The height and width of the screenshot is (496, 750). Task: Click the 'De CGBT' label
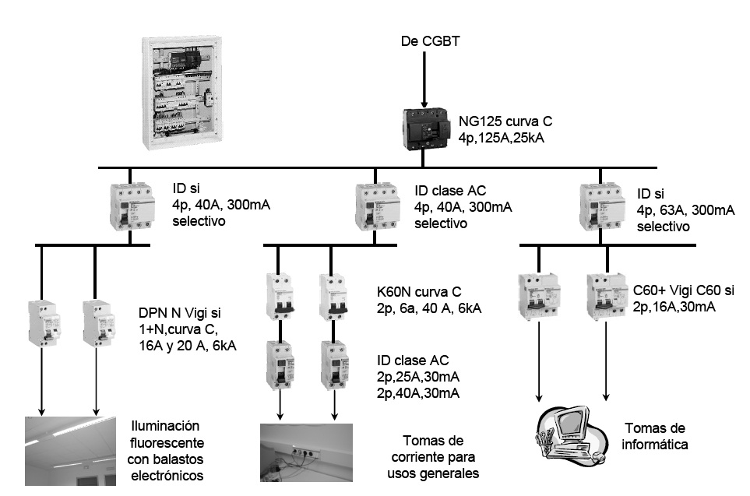coord(430,41)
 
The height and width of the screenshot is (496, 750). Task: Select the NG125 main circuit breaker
coord(426,128)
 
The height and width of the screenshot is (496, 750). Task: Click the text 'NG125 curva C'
coord(505,121)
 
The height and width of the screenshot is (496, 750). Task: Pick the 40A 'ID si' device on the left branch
coord(132,206)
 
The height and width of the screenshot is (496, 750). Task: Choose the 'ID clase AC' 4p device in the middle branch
coord(378,206)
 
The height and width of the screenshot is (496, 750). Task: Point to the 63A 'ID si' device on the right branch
coord(602,206)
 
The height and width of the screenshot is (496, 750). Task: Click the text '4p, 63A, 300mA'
coord(685,210)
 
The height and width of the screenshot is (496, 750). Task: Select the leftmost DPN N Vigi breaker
coord(44,323)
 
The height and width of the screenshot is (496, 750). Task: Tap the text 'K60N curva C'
coord(419,292)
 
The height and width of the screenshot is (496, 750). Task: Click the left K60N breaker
coord(280,297)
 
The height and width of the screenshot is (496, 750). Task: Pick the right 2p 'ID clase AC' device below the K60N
coord(334,364)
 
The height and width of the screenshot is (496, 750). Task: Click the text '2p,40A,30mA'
coord(418,393)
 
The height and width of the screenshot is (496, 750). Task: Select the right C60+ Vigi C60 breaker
coord(607,295)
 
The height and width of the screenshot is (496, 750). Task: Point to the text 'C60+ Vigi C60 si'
coord(684,290)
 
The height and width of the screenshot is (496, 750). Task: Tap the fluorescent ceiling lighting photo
coord(70,451)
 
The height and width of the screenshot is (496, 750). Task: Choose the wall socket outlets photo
coord(306,452)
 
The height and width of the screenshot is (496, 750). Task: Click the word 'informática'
coord(654,445)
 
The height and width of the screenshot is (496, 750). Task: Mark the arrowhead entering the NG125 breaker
coord(424,104)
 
